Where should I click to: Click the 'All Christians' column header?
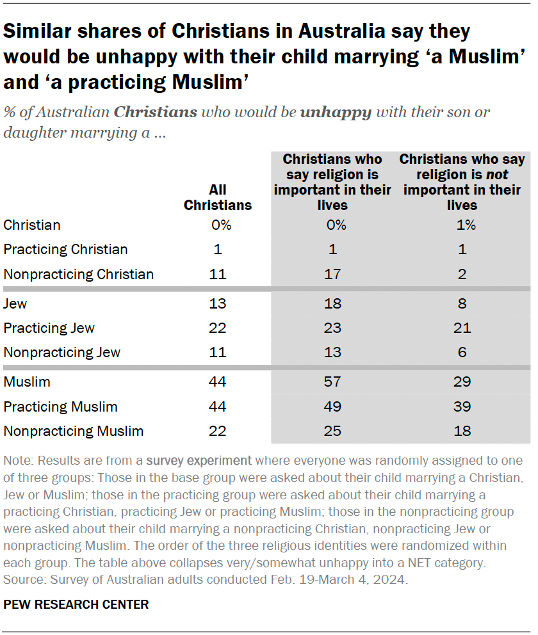click(x=218, y=197)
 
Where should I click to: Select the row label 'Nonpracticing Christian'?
click(x=78, y=275)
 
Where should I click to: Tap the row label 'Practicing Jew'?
click(x=49, y=328)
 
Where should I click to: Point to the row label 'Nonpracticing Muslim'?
click(x=73, y=431)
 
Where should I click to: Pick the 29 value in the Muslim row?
click(x=462, y=382)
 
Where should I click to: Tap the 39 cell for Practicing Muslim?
click(x=462, y=406)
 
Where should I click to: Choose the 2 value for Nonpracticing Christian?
click(x=462, y=275)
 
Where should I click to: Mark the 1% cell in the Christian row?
click(x=462, y=225)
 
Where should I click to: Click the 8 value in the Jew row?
click(x=462, y=303)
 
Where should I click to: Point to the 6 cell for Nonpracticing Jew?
click(x=462, y=352)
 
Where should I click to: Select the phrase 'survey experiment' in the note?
click(x=199, y=461)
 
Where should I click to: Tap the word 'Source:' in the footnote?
click(x=22, y=580)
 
